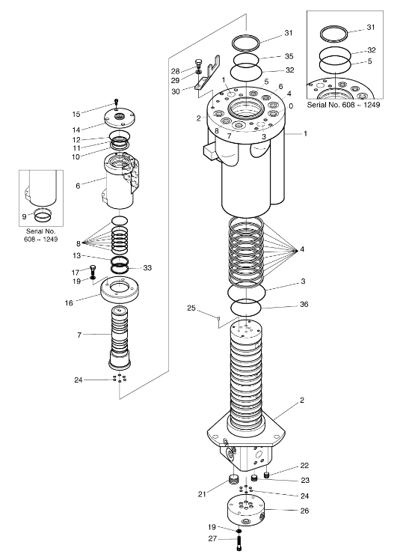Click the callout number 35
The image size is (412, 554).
click(x=289, y=56)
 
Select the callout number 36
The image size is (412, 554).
click(x=304, y=304)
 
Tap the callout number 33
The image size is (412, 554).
click(x=147, y=268)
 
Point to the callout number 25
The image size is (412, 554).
click(x=191, y=308)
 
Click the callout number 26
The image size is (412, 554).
click(x=304, y=511)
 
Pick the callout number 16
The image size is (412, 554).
click(x=69, y=302)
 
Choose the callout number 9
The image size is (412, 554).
click(x=24, y=216)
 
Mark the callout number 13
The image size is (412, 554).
click(x=77, y=255)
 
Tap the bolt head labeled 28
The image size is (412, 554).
click(x=198, y=63)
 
